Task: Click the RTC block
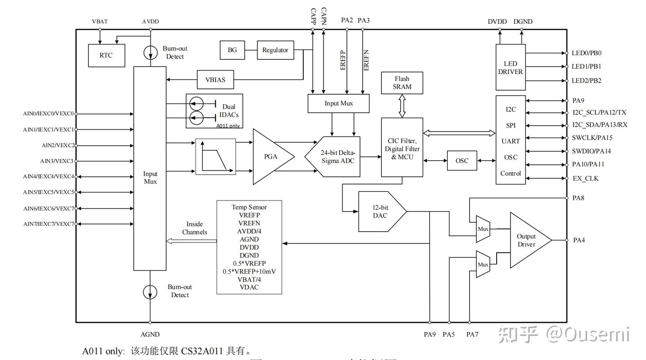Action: (x=106, y=56)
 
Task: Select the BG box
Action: (x=232, y=50)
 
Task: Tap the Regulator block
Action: (x=275, y=50)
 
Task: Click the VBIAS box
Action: (x=215, y=80)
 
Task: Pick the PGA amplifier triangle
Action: (x=271, y=157)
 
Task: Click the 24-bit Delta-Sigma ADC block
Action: (x=334, y=157)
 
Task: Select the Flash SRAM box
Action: (x=402, y=83)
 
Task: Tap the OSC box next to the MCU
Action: (x=462, y=161)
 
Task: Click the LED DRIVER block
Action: (x=511, y=67)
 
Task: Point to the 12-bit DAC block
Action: (x=380, y=211)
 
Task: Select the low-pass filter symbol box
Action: (x=215, y=157)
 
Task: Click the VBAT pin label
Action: (x=100, y=22)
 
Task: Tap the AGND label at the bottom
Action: (x=150, y=334)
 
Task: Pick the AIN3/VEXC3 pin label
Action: (x=57, y=161)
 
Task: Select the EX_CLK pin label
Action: (x=585, y=178)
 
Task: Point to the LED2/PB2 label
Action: (x=586, y=81)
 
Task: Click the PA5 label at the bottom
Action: (x=449, y=334)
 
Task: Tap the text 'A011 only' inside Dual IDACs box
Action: (x=228, y=126)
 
